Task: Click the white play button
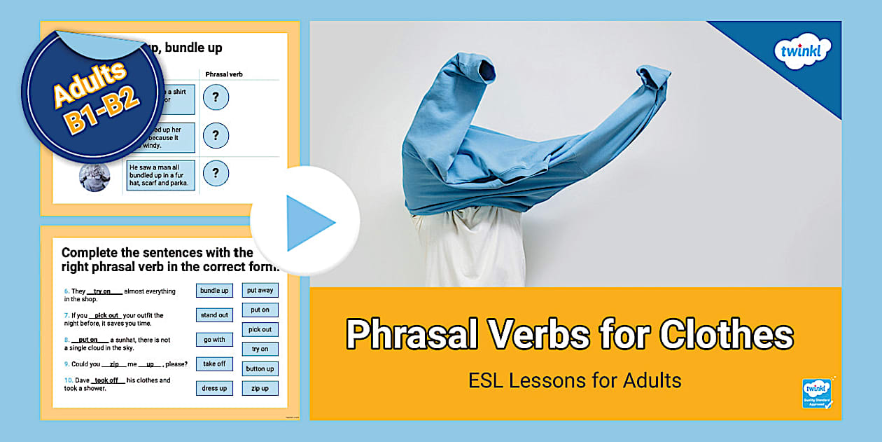pos(305,222)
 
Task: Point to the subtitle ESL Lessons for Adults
pos(575,380)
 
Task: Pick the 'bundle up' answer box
pos(214,291)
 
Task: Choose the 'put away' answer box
pos(260,290)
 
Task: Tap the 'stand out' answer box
pos(214,315)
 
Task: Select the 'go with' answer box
pos(214,340)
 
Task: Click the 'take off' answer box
pos(214,364)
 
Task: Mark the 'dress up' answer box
pos(214,389)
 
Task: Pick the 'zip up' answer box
pos(260,388)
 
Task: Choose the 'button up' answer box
pos(260,368)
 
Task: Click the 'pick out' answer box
pos(260,329)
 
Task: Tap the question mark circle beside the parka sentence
pos(216,173)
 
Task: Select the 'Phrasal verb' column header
pos(224,74)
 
